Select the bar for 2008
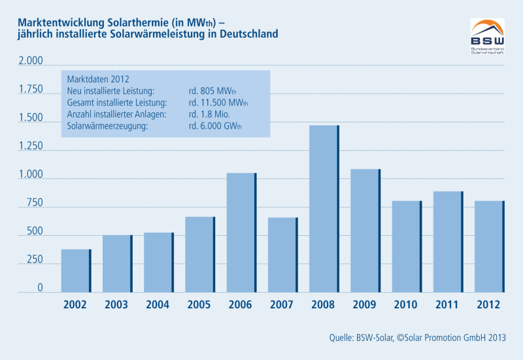324,208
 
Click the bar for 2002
76,270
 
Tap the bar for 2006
241,232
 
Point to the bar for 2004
159,262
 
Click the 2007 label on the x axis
282,304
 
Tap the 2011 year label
448,304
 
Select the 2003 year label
117,304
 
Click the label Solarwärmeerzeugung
108,126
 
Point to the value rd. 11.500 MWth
218,103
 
